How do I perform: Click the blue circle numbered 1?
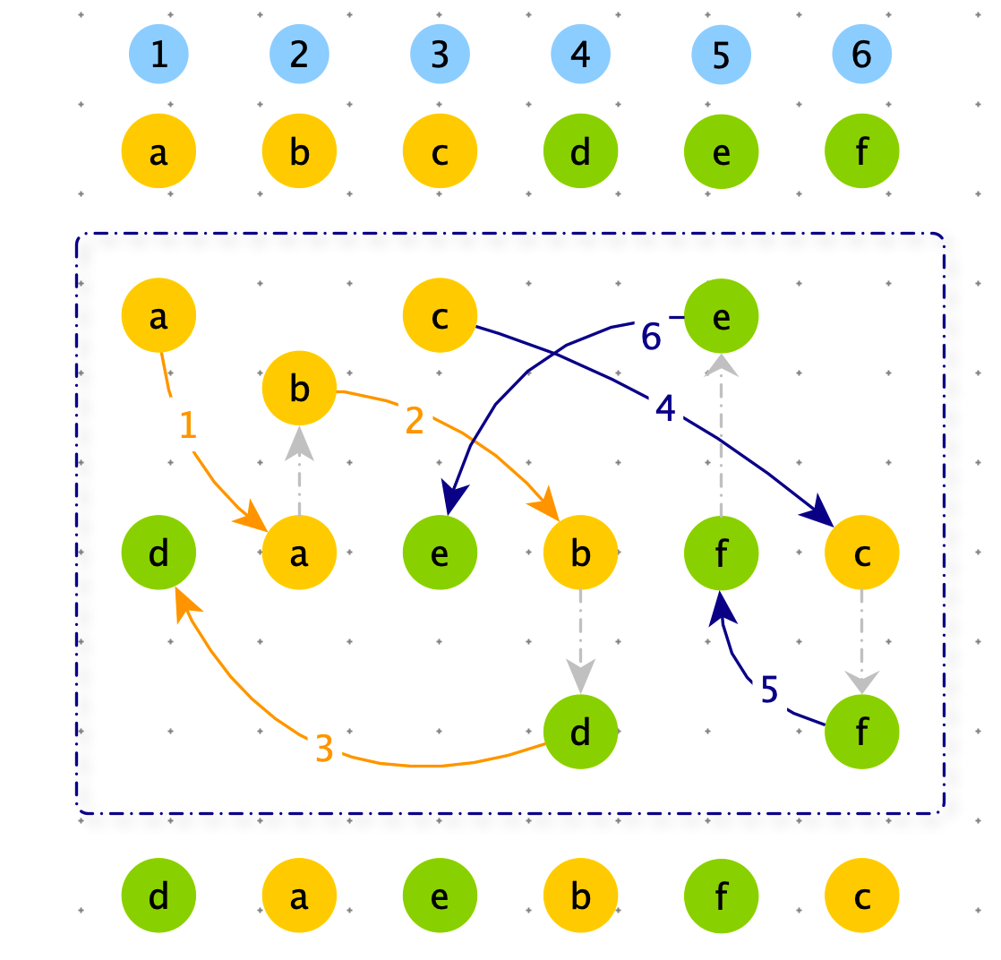click(x=159, y=54)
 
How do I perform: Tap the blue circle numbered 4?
click(x=580, y=54)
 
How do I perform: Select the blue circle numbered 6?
click(x=862, y=54)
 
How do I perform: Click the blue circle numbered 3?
click(x=440, y=54)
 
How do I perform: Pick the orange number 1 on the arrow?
click(x=188, y=424)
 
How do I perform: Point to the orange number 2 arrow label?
click(x=415, y=420)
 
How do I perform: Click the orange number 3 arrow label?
click(x=324, y=748)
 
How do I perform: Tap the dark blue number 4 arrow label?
click(x=665, y=407)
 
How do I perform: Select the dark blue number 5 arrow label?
click(x=769, y=690)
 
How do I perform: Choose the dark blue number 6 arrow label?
click(x=651, y=336)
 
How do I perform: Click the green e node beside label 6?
click(x=722, y=315)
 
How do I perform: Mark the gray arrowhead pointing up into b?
click(x=299, y=442)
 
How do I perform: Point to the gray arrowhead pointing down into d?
click(x=580, y=676)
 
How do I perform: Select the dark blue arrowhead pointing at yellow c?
click(x=818, y=511)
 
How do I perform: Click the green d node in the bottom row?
click(x=159, y=895)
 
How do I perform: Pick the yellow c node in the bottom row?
click(x=862, y=895)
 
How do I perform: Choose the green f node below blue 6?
click(x=862, y=151)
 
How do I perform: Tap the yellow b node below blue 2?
click(x=299, y=151)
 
